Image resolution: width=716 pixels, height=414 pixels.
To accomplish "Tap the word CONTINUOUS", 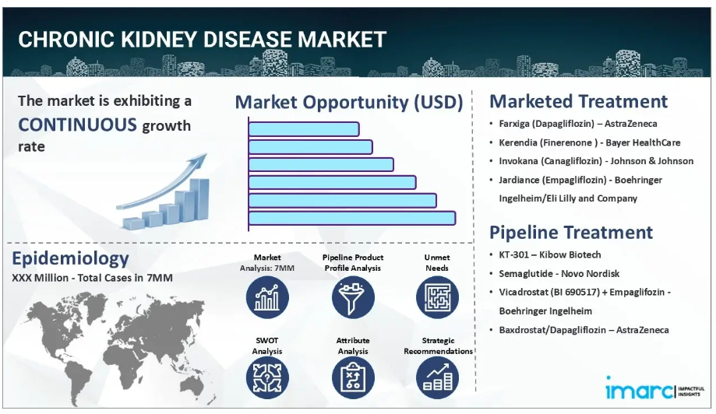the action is click(77, 125).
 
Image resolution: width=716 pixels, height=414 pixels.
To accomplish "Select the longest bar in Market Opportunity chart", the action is click(352, 218).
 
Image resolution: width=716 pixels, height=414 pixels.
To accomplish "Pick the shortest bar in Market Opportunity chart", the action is click(304, 129).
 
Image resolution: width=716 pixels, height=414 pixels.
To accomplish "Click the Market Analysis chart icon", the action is click(267, 297).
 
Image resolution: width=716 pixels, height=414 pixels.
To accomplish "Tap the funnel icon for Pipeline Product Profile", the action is click(353, 297).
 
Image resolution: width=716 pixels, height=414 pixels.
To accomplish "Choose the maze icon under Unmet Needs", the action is click(437, 297).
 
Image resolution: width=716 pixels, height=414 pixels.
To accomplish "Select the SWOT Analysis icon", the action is click(267, 377).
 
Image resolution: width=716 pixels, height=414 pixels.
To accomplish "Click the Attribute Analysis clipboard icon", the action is click(353, 377).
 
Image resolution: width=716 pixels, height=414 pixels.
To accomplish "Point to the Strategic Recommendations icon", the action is click(437, 377).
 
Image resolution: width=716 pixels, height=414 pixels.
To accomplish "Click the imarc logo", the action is click(654, 389).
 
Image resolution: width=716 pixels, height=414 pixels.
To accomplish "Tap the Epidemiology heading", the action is click(70, 258).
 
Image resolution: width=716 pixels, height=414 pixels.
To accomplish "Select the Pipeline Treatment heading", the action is click(571, 233).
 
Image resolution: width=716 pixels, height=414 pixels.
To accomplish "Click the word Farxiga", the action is click(514, 124).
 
